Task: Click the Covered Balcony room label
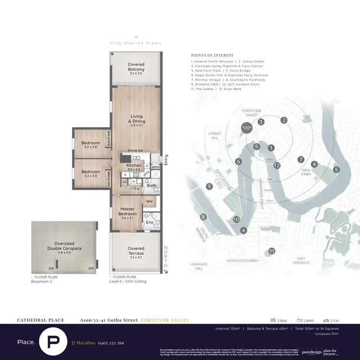[136, 67]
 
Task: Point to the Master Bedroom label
[127, 211]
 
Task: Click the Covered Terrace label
[136, 251]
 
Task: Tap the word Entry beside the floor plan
[166, 159]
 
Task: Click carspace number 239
[90, 269]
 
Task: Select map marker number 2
[284, 120]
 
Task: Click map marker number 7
[301, 159]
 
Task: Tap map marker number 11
[272, 251]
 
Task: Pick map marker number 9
[209, 186]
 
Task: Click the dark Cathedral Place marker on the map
[247, 128]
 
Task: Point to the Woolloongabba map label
[242, 261]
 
